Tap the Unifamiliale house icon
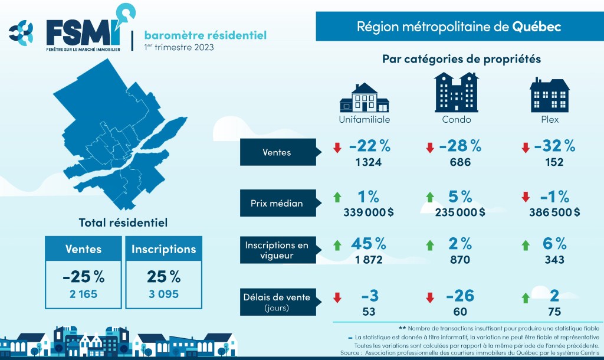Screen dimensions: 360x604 coord(364,98)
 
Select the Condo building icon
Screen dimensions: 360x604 coord(456,93)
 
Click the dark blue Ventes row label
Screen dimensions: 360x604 coord(277,152)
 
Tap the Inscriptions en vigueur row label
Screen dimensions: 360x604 coord(277,250)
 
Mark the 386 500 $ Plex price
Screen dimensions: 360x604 coord(552,212)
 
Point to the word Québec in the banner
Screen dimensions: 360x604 coord(536,27)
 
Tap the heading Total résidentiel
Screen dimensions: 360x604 coord(123,222)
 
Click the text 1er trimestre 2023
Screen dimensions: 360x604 coord(179,48)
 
